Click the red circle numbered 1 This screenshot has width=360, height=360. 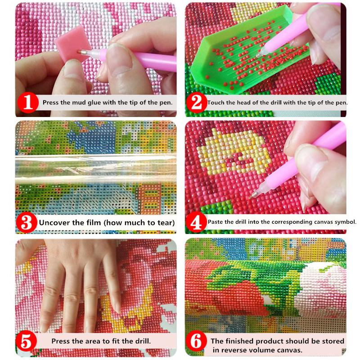(x=28, y=103)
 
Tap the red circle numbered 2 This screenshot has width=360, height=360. (x=197, y=103)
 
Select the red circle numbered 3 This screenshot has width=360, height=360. (x=27, y=222)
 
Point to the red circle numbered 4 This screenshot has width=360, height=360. (x=196, y=222)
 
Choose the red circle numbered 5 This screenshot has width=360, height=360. (x=26, y=342)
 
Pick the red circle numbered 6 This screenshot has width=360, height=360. (x=196, y=342)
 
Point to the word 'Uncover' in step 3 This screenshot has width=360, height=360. (x=54, y=222)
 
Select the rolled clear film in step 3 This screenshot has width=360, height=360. (x=96, y=169)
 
